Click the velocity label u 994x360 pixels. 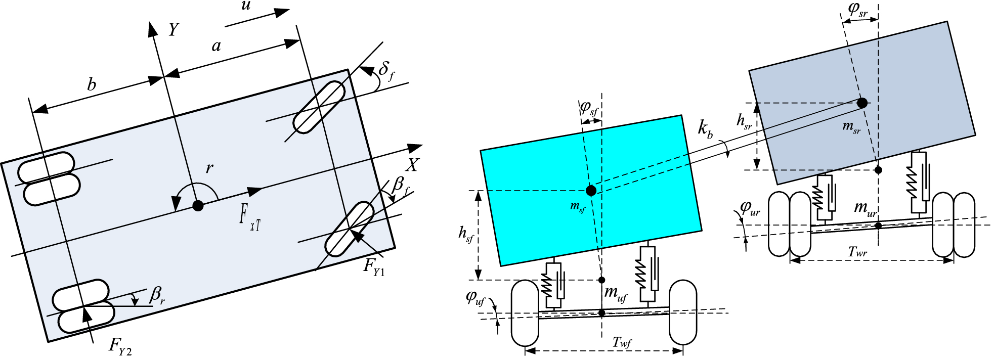246,7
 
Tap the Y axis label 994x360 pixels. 174,30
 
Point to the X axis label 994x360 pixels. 413,165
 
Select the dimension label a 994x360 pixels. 217,47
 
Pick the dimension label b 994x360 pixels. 92,84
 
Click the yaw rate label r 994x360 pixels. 209,168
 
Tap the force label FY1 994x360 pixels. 374,266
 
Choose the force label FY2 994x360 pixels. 120,346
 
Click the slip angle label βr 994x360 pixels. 157,295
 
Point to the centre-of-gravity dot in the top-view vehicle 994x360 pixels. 198,205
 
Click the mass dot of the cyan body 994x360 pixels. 591,191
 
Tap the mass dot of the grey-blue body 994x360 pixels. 862,103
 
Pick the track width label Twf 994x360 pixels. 622,343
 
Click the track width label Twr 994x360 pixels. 857,252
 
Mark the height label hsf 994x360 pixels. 465,234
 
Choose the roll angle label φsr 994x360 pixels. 857,10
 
